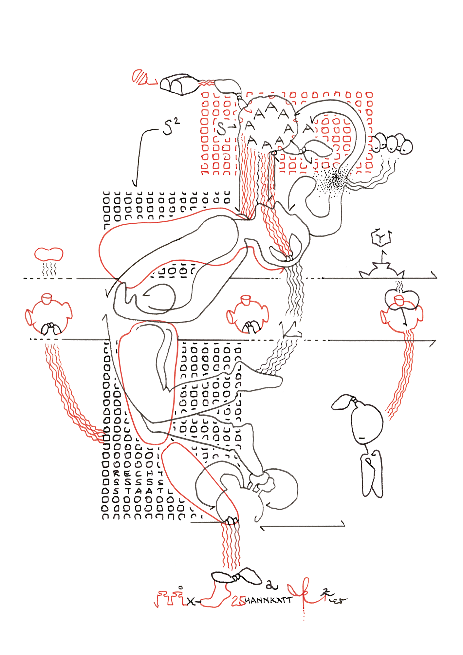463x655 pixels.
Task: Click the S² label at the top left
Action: click(x=171, y=127)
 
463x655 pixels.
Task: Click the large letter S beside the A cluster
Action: click(x=222, y=129)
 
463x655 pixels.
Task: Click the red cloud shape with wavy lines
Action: click(x=49, y=254)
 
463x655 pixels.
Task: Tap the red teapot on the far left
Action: click(x=48, y=314)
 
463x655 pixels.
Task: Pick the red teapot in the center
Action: click(x=247, y=314)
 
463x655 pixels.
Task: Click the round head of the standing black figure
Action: click(x=367, y=423)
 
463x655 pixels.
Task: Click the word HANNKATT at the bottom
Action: click(x=268, y=601)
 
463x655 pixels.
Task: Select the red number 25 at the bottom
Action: click(x=238, y=600)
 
